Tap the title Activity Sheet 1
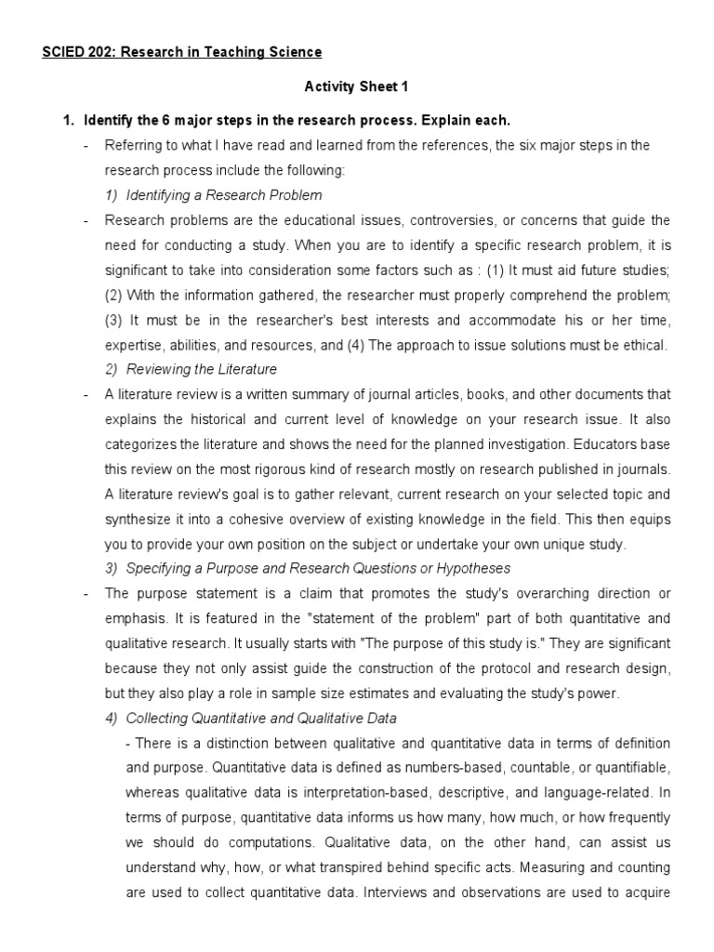pos(357,86)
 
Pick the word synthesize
pos(139,519)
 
